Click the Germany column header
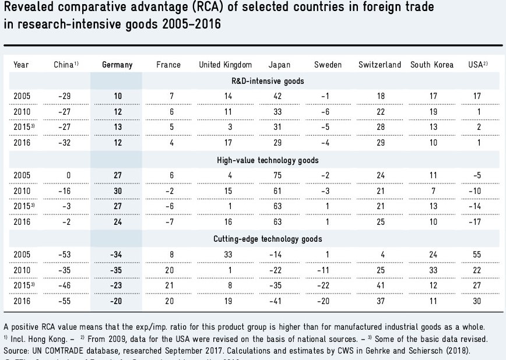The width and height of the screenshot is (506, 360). (117, 65)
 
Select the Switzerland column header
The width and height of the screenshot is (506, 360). (379, 65)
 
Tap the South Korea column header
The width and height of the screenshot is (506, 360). (431, 65)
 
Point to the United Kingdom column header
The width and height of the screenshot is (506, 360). (226, 65)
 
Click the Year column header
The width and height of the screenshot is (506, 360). (21, 65)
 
